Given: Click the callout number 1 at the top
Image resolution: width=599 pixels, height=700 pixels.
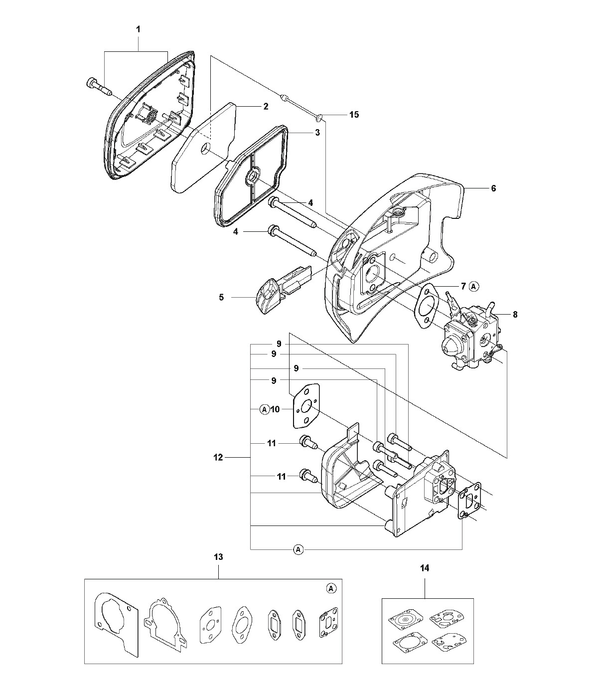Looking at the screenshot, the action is tap(138, 29).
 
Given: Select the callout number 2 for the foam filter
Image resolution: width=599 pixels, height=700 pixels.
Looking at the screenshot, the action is tap(266, 106).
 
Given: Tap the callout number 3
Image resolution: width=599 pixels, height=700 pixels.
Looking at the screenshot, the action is tap(317, 133).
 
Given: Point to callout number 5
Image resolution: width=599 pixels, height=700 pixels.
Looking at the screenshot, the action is tap(221, 297).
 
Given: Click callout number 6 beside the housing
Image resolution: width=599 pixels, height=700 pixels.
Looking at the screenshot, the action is tap(493, 188).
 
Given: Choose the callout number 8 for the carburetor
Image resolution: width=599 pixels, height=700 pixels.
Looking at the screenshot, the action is tap(515, 315).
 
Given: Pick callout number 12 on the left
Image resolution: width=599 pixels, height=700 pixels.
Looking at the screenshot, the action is tap(218, 457).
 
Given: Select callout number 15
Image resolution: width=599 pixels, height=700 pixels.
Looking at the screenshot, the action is tap(354, 115).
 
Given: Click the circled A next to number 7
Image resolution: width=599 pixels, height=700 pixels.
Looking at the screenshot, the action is tap(474, 286).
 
